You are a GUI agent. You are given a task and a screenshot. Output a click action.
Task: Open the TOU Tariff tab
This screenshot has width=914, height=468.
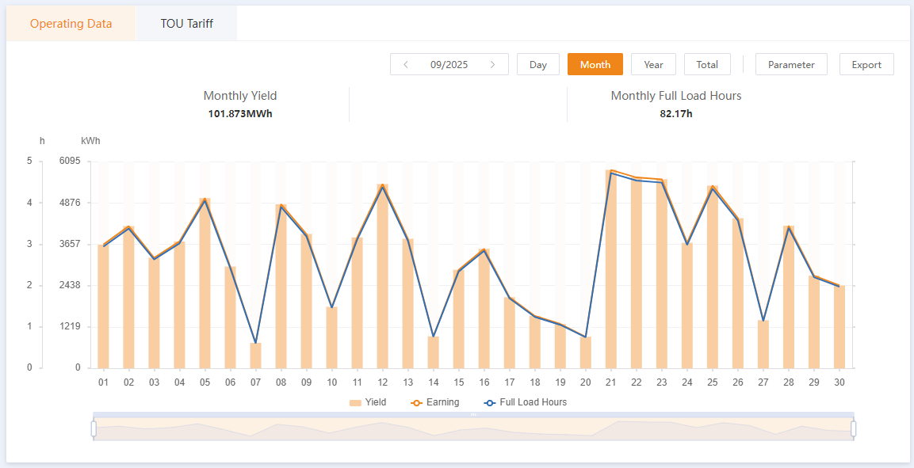(x=186, y=24)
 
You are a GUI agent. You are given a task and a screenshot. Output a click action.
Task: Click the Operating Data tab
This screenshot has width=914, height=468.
(x=71, y=24)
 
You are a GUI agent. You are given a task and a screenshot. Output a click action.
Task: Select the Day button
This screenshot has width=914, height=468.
(x=538, y=65)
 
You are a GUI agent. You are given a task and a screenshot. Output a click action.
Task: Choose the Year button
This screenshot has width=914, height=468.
(x=653, y=65)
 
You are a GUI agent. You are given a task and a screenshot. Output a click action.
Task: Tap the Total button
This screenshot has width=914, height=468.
(x=707, y=65)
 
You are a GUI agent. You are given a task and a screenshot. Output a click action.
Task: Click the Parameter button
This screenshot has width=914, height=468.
(x=791, y=65)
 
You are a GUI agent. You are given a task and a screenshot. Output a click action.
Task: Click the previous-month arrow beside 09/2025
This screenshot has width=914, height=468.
(x=406, y=65)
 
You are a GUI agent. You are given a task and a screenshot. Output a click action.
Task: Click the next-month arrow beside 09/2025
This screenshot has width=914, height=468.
(x=493, y=65)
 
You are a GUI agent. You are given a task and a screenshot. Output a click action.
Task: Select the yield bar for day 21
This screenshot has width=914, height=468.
(x=611, y=269)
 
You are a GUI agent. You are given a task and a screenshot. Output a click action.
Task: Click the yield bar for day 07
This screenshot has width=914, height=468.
(x=255, y=356)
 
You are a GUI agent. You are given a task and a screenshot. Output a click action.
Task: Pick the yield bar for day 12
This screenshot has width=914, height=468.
(x=382, y=277)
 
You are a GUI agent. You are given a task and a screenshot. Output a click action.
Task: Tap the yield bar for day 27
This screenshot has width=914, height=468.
(x=763, y=344)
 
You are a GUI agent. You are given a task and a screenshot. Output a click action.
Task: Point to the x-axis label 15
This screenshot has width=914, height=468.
(x=458, y=382)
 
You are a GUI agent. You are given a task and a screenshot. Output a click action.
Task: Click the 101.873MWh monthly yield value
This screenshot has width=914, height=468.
(x=240, y=113)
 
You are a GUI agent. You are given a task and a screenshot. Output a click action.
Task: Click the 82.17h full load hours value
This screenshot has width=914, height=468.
(x=676, y=113)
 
